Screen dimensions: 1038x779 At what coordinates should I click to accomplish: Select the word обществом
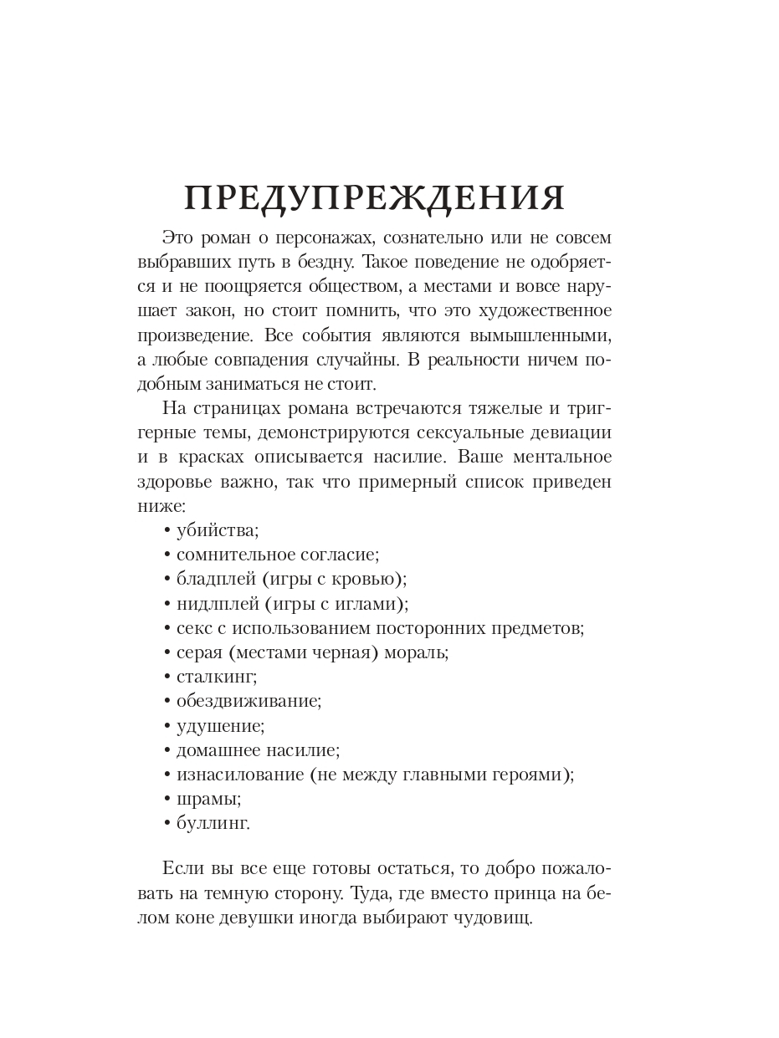tap(343, 286)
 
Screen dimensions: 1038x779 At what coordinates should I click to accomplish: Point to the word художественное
tap(546, 310)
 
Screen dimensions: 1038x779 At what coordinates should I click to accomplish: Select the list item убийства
tap(218, 530)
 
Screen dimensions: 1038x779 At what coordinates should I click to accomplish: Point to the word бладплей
tap(213, 579)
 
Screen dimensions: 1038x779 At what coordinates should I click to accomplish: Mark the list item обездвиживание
tap(249, 701)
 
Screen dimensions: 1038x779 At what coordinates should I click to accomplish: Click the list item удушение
tap(220, 726)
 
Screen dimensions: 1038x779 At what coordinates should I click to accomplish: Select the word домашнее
tap(217, 750)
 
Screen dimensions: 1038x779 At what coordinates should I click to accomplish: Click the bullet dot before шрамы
tap(167, 799)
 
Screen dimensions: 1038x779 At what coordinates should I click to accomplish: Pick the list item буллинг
tap(213, 823)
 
